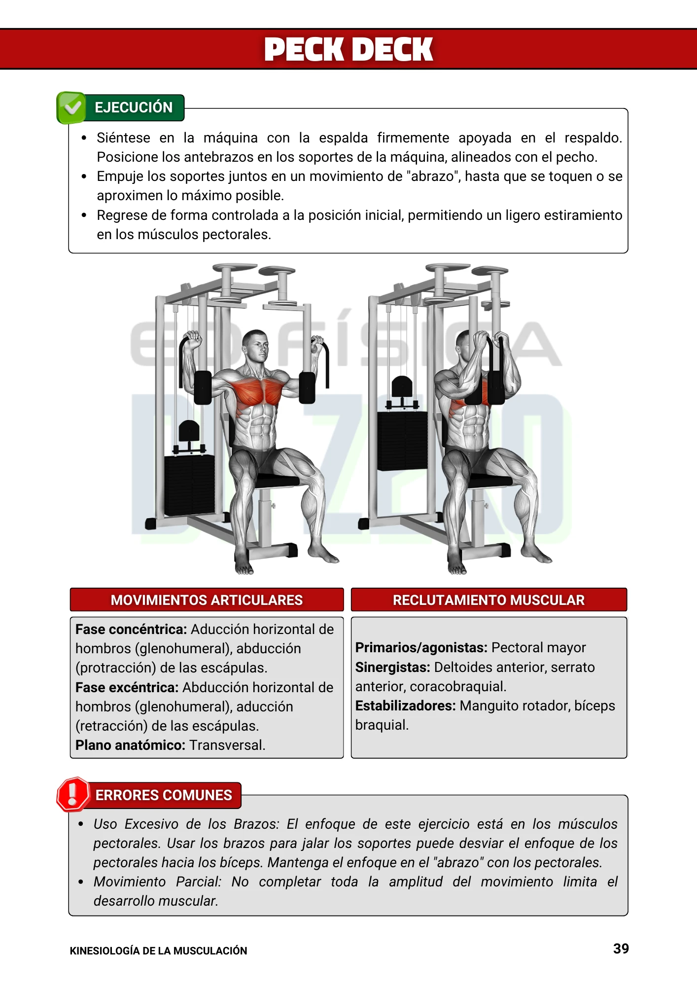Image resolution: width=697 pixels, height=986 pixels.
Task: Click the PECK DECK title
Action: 348,50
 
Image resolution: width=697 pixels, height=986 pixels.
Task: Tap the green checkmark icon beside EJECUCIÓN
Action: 72,107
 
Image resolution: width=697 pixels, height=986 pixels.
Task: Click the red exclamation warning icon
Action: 73,794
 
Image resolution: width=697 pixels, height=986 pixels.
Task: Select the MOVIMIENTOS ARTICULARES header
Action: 207,600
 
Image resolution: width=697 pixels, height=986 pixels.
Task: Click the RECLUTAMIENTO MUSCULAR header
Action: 488,600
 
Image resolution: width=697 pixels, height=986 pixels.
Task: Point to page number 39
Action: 621,949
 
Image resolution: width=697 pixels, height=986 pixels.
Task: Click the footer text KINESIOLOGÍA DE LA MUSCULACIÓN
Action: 158,951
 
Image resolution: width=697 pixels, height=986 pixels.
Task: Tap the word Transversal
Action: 227,745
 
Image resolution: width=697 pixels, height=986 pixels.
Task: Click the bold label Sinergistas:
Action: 392,668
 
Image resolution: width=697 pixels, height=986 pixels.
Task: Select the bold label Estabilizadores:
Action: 405,706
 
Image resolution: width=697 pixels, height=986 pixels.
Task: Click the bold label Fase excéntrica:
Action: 127,687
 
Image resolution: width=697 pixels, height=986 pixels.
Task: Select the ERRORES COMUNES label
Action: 163,795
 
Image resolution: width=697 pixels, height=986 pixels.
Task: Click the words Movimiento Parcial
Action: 157,882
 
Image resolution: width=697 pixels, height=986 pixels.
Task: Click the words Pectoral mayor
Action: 538,648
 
